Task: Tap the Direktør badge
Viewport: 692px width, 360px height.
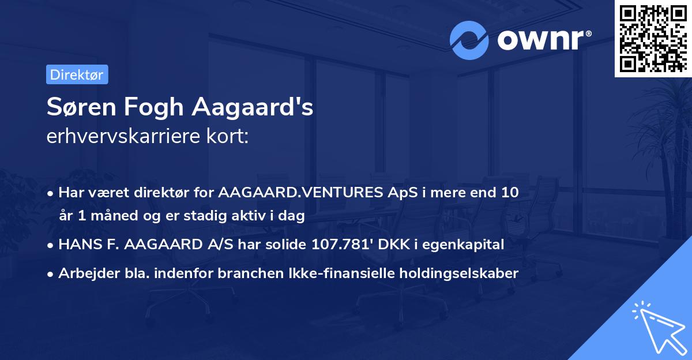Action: [x=77, y=74]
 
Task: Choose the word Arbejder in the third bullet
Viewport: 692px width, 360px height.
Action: [x=85, y=273]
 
